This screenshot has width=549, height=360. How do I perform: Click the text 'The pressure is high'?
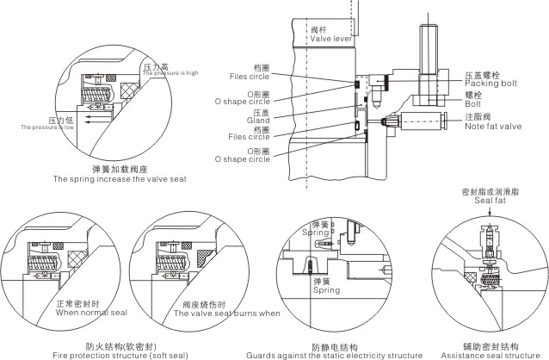coord(170,73)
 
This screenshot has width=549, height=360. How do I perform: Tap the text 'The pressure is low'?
coord(48,127)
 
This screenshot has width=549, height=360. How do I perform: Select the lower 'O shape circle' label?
coord(247,158)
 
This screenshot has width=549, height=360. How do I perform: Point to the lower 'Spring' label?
coord(326,290)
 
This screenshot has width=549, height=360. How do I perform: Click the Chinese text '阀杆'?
coord(320,28)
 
